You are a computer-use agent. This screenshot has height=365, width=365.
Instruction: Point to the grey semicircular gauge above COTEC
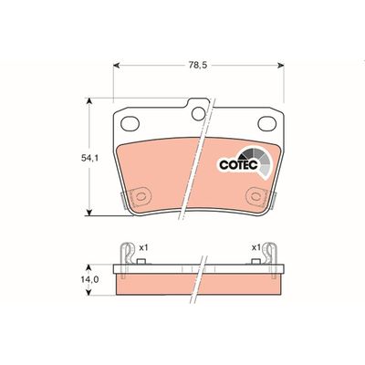pos(254,156)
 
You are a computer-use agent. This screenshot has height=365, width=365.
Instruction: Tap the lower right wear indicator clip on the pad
pos(255,197)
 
